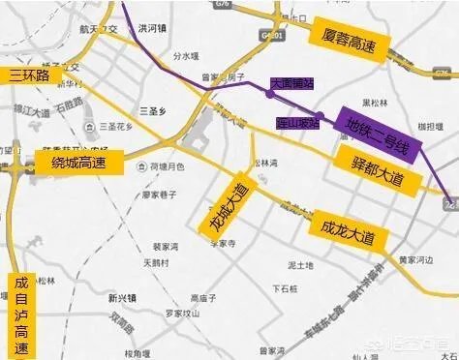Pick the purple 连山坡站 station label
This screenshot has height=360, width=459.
(294, 123)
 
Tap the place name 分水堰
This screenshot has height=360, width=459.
(184, 55)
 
